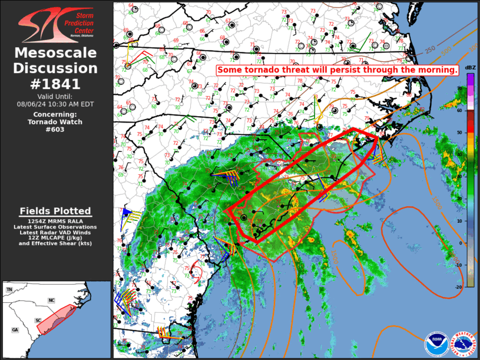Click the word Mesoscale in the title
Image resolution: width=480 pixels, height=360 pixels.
click(x=56, y=54)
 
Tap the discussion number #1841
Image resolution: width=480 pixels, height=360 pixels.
click(x=56, y=83)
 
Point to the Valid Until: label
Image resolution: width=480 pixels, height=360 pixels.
click(x=56, y=96)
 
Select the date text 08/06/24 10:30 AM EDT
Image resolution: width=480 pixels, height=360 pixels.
click(x=56, y=104)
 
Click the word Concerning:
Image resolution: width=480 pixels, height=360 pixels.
click(x=56, y=114)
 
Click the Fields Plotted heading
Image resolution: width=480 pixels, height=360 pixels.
click(x=56, y=210)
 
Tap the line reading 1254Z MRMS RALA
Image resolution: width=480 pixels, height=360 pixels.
click(x=56, y=220)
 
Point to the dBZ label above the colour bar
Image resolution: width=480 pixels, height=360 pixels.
click(x=470, y=68)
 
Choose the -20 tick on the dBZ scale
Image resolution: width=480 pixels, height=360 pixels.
click(x=458, y=286)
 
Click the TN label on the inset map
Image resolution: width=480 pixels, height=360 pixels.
click(x=9, y=290)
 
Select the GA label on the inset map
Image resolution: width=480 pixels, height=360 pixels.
click(x=15, y=330)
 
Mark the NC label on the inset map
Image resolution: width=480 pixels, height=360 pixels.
click(x=51, y=300)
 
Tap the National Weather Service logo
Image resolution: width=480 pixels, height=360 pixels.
click(x=463, y=344)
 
